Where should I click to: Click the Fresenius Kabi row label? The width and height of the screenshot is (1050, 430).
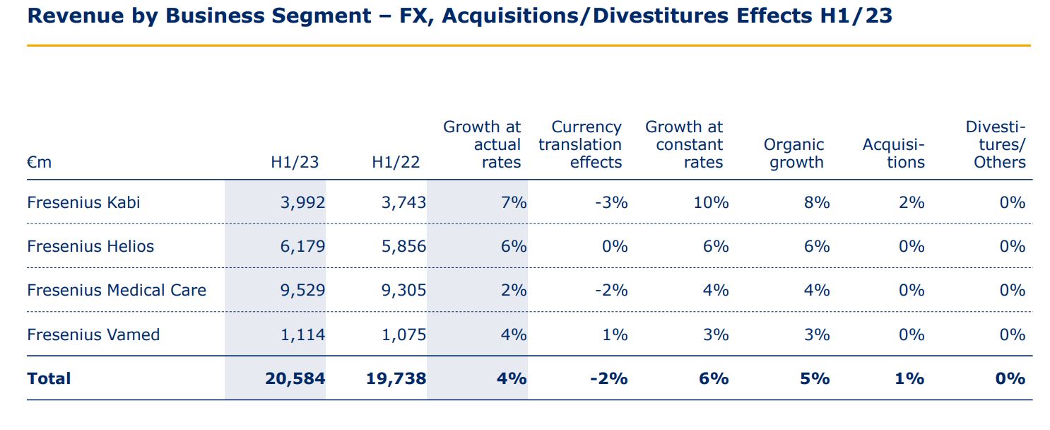coord(83,202)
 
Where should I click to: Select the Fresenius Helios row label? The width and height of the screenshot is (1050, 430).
coord(90,246)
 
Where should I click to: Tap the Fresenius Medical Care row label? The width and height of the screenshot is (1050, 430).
coord(117,290)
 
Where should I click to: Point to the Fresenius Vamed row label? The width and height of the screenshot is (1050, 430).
coord(93,335)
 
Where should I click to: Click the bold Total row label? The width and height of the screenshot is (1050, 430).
coord(49,378)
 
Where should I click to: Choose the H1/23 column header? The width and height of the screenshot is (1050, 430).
coord(295,162)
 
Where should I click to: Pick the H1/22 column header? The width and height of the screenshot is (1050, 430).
coord(396,162)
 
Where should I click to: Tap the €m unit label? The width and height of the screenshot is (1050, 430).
coord(40,162)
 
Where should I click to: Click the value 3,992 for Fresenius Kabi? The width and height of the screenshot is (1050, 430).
coord(302,202)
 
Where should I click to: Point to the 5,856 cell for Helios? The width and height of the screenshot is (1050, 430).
coord(403,246)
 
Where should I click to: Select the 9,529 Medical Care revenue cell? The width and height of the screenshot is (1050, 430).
coord(302,290)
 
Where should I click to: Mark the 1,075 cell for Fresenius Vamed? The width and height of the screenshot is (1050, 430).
coord(403,335)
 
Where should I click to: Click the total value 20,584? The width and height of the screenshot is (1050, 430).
coord(295,378)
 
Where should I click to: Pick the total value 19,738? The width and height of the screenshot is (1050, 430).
coord(396,378)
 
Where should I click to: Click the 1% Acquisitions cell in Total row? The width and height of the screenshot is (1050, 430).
coord(909,378)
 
